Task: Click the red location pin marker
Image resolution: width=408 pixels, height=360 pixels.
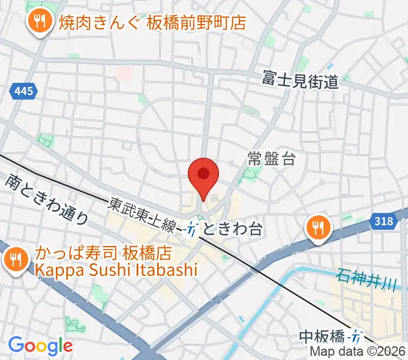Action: pos(203,175)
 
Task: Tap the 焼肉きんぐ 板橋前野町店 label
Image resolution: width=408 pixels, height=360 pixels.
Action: pos(153,23)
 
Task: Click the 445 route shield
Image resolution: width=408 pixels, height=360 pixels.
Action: pos(23,92)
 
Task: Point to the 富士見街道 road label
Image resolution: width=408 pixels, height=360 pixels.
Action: pos(301,79)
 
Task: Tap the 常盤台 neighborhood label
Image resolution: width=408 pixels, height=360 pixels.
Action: pos(272,159)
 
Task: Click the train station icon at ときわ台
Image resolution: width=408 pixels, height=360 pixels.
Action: pos(191,229)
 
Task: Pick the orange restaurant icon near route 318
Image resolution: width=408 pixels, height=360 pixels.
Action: pos(316,228)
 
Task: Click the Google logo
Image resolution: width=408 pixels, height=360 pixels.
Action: pos(40,345)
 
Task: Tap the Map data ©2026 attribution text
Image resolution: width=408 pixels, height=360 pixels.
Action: pos(358,352)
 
